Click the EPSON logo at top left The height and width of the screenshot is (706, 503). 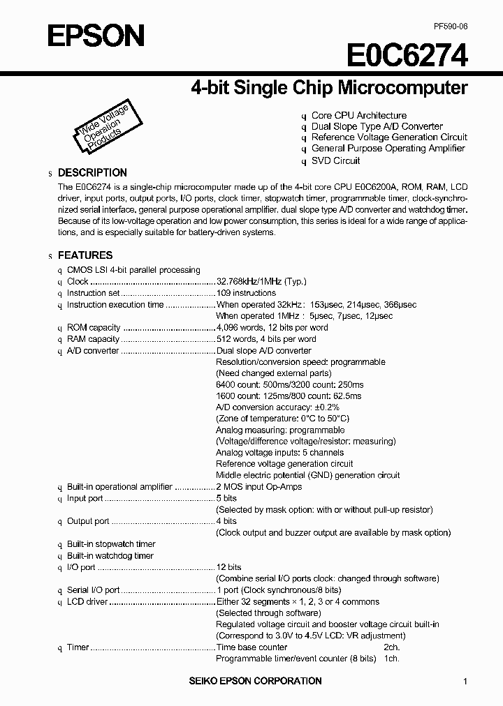(x=96, y=35)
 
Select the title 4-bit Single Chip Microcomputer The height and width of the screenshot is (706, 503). (x=329, y=88)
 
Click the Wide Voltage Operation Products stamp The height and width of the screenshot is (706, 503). (x=103, y=128)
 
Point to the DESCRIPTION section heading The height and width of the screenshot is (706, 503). (x=92, y=172)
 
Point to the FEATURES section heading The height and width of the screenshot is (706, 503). (x=85, y=255)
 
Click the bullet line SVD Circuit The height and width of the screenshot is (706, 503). (x=335, y=160)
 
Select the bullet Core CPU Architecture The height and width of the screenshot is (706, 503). (x=358, y=115)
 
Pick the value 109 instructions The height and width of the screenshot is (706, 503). (x=246, y=293)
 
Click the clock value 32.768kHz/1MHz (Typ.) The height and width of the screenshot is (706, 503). (x=261, y=281)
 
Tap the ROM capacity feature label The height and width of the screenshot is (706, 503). (x=94, y=328)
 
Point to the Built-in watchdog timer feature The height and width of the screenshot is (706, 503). (x=110, y=556)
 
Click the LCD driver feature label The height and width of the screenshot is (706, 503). (x=87, y=601)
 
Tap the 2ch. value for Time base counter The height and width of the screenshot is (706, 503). (x=391, y=647)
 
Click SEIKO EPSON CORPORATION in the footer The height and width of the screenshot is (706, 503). (x=254, y=681)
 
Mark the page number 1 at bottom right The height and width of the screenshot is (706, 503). (x=465, y=682)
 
